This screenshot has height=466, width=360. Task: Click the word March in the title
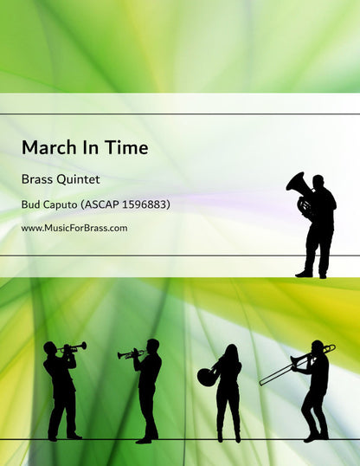[47, 148]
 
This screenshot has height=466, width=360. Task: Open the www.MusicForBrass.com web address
[74, 228]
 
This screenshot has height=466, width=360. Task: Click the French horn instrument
[207, 375]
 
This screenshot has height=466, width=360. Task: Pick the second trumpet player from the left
[148, 390]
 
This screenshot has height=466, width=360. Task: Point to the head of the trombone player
[318, 346]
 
